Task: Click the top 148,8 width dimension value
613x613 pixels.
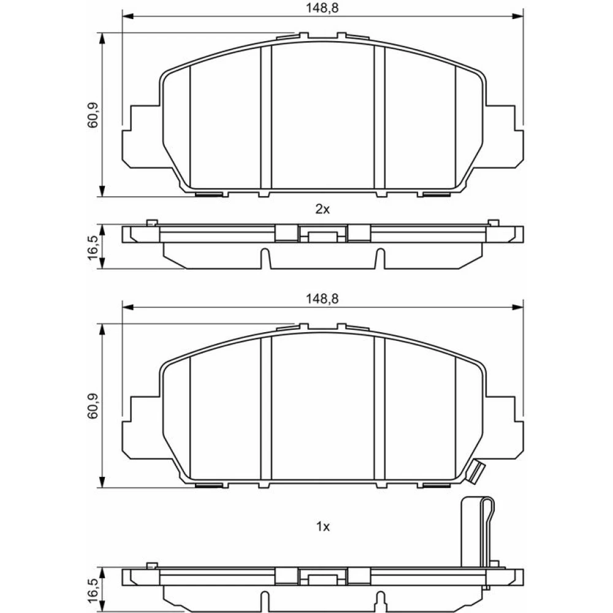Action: tap(322, 8)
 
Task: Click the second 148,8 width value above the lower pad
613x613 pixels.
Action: tap(322, 299)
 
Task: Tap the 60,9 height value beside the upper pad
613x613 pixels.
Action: tap(93, 115)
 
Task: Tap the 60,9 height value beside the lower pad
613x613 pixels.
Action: tap(93, 406)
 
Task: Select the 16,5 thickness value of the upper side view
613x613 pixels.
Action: tap(93, 247)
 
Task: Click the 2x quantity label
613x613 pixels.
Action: tap(322, 210)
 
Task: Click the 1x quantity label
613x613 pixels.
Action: tap(322, 527)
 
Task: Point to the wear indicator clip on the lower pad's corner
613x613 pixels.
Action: tap(475, 472)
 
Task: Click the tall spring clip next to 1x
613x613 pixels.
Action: tap(478, 539)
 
